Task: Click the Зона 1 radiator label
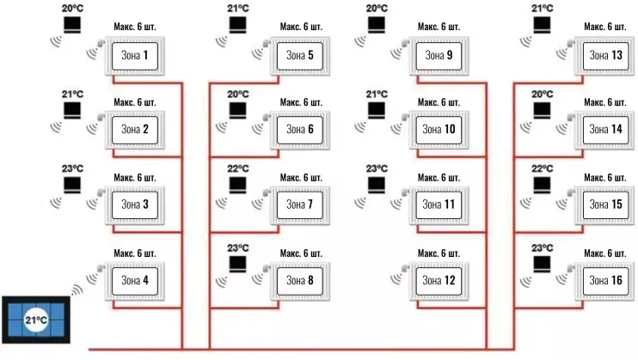(x=133, y=56)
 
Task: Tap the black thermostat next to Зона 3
(x=73, y=185)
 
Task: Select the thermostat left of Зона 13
(x=542, y=25)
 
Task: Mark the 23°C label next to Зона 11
(x=377, y=168)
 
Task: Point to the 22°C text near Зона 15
(x=542, y=168)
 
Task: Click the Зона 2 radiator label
(x=133, y=130)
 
